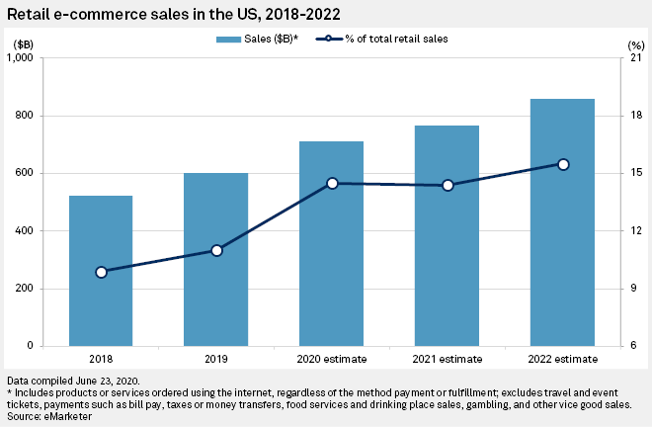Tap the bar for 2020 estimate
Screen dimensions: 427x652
point(331,257)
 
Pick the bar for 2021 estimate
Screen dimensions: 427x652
point(447,247)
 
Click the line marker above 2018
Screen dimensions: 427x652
point(101,272)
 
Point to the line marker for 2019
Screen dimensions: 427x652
point(216,250)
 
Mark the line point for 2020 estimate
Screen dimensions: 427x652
point(332,183)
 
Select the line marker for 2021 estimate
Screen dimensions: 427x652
point(448,185)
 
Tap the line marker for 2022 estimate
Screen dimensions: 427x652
point(562,164)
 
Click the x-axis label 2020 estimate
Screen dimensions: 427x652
point(331,360)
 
